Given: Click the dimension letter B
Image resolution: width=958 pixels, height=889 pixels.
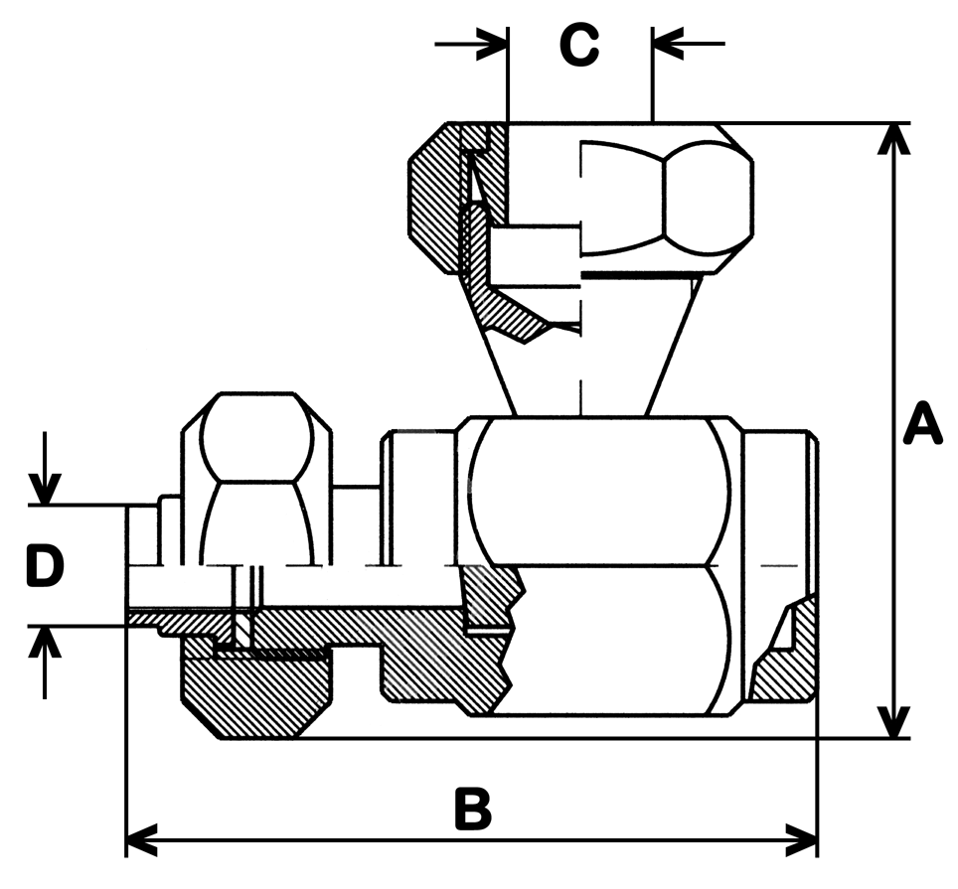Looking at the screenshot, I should click(473, 810).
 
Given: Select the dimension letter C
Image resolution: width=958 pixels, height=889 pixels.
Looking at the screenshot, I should click(579, 45).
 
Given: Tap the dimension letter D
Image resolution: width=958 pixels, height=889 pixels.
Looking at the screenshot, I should click(45, 566).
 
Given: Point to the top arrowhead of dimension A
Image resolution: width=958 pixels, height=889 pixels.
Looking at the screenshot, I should click(896, 138).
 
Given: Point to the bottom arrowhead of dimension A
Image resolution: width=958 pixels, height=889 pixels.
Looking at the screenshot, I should click(896, 723).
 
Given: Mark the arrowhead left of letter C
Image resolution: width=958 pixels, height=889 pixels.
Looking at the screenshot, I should click(492, 43).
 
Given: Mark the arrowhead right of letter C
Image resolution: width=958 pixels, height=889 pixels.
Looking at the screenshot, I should click(667, 43).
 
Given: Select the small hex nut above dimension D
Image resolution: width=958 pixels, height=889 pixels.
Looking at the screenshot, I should click(255, 477).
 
